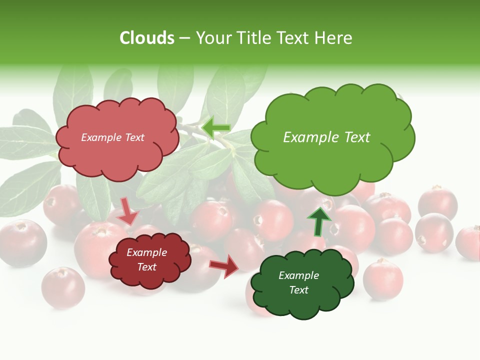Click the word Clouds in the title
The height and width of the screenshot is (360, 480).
147,38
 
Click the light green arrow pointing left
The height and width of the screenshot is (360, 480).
215,127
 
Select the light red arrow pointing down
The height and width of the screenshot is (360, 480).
128,210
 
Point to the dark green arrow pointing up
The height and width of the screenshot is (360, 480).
318,221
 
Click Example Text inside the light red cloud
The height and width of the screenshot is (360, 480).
112,137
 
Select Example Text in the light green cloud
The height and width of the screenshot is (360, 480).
326,137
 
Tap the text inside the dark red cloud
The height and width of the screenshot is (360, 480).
146,260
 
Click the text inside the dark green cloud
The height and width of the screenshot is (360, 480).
298,282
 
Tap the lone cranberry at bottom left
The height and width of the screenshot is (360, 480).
63,287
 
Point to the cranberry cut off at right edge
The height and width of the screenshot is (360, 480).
469,242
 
